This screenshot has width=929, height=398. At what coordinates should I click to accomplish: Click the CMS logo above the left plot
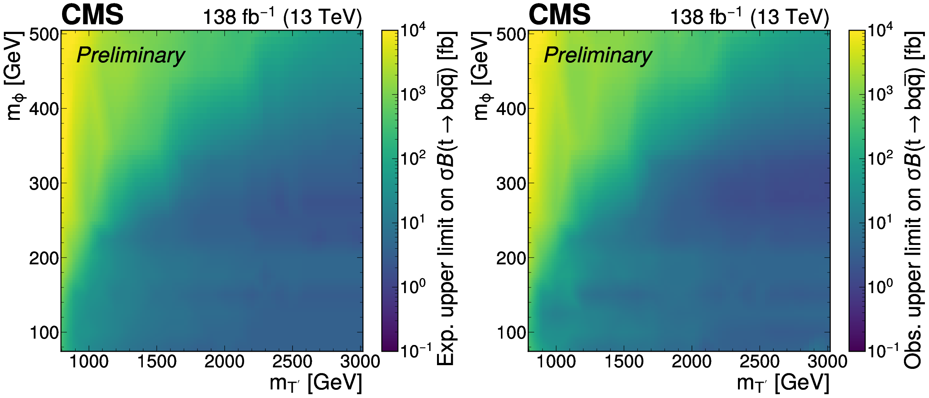(x=92, y=15)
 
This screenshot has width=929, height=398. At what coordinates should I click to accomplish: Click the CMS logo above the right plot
(x=559, y=15)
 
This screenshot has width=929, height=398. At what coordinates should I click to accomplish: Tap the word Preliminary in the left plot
(x=130, y=55)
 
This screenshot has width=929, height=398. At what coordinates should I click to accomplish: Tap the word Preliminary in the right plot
(x=598, y=55)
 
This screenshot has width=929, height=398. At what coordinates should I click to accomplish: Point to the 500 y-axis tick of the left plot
(x=44, y=35)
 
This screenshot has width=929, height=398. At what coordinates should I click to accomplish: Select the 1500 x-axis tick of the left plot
(x=157, y=361)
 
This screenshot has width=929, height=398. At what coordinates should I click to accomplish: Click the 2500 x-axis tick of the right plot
(x=760, y=361)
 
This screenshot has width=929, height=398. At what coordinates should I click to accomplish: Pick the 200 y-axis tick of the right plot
(x=511, y=258)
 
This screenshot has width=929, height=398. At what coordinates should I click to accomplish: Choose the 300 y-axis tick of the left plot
(x=44, y=184)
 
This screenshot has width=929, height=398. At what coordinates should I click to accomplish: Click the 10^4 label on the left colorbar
(x=413, y=30)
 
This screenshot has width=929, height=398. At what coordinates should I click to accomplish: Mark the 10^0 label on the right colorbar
(x=880, y=287)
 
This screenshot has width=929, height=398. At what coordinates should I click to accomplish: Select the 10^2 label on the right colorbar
(x=880, y=158)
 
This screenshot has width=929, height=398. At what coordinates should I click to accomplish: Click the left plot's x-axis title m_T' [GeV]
(x=316, y=383)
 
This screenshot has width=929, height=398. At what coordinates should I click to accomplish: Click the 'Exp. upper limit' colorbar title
(x=447, y=198)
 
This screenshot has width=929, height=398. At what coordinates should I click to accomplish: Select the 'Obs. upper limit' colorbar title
(x=914, y=200)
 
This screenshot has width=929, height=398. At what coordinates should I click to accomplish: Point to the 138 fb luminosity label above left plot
(x=282, y=17)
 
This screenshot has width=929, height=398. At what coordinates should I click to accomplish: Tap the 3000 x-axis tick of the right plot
(x=827, y=361)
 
